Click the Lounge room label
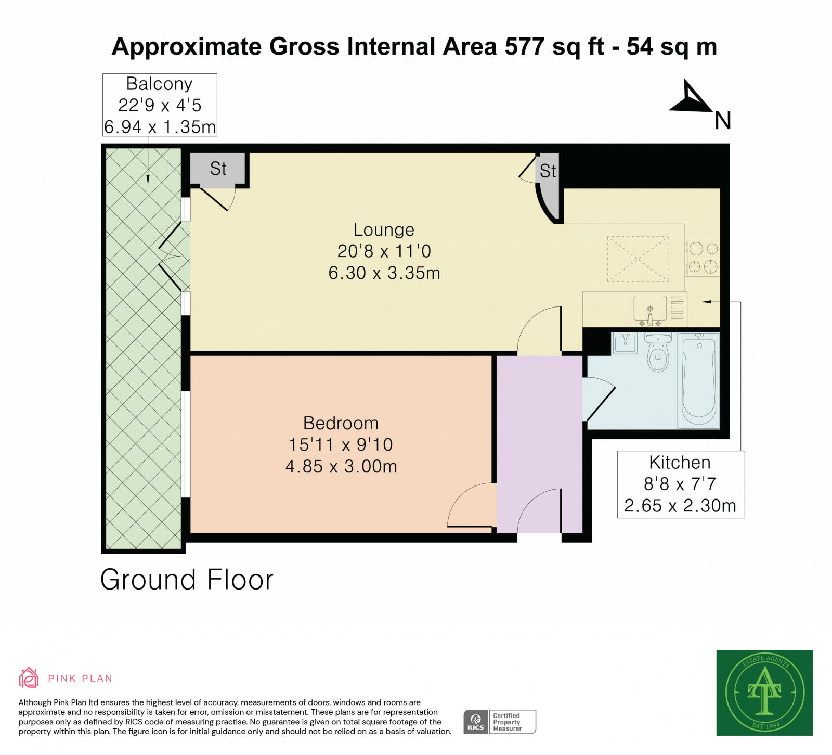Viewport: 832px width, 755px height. click(x=384, y=229)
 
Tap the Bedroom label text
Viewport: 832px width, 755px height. click(x=341, y=423)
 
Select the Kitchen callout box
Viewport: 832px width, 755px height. click(x=681, y=484)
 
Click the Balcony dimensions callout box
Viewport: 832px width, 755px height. click(x=160, y=105)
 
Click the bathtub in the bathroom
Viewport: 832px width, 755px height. click(x=699, y=381)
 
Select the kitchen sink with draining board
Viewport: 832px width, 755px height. click(x=658, y=309)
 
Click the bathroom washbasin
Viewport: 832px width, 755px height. click(x=625, y=343)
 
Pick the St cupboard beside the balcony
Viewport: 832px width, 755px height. click(x=218, y=168)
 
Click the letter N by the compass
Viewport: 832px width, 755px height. click(x=723, y=121)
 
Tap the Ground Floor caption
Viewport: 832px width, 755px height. click(x=187, y=580)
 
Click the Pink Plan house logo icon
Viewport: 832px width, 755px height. click(x=29, y=677)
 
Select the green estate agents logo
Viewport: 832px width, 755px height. click(x=764, y=693)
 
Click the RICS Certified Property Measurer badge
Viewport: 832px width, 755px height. click(x=500, y=722)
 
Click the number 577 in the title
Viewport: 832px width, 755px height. click(x=525, y=46)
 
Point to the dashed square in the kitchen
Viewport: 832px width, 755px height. click(x=638, y=259)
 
